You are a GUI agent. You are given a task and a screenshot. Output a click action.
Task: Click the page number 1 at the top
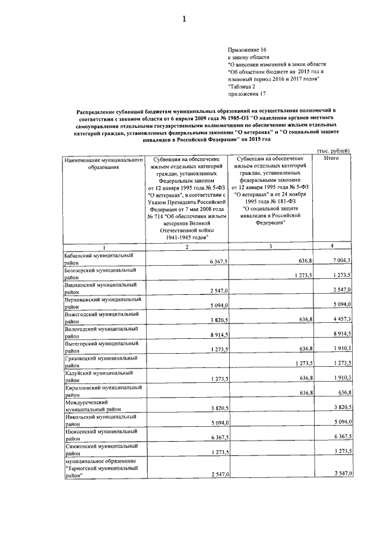click(184, 19)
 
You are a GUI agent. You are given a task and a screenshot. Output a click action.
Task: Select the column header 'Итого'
click(331, 159)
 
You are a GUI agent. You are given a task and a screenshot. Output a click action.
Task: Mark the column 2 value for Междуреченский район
click(214, 409)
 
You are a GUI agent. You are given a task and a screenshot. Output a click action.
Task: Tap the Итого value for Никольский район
click(343, 423)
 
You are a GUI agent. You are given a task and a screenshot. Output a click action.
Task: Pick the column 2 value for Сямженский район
click(214, 451)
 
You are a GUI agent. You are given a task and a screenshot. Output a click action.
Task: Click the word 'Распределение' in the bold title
click(97, 111)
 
